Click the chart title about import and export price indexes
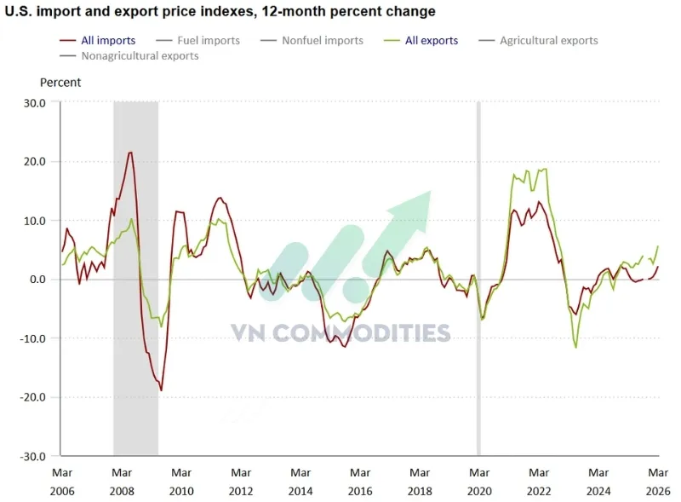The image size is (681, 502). tap(220, 12)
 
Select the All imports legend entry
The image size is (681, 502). tap(108, 40)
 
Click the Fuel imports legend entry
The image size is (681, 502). tap(208, 40)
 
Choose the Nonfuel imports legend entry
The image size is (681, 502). tap(322, 40)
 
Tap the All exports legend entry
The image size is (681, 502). tap(432, 40)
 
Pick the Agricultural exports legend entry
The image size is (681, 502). tap(548, 40)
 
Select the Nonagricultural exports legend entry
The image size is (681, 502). tap(140, 56)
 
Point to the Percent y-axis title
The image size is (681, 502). tap(60, 83)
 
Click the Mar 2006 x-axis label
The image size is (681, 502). tap(62, 481)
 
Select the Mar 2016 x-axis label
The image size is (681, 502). tap(360, 481)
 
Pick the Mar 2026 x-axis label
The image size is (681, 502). tap(657, 481)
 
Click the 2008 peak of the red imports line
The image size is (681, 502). tap(130, 153)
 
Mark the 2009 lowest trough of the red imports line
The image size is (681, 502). tap(161, 390)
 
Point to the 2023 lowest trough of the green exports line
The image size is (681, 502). tap(576, 347)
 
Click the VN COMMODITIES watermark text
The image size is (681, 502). tap(340, 332)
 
